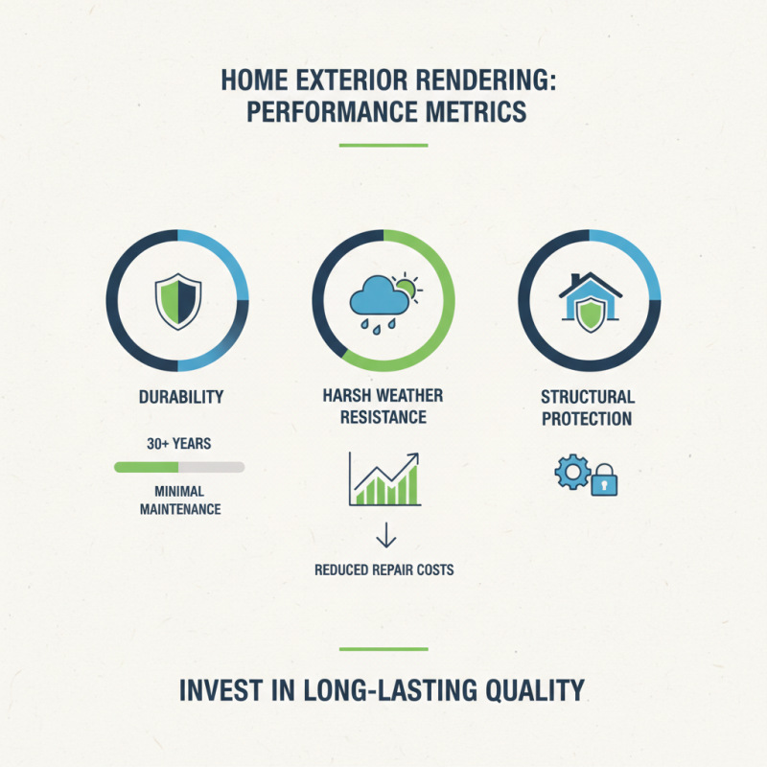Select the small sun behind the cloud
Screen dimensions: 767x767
(x=407, y=285)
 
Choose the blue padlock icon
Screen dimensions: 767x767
(x=603, y=478)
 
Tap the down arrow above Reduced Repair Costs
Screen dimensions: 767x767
(x=383, y=533)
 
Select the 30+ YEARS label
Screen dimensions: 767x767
(x=178, y=445)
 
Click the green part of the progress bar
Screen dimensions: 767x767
(x=146, y=467)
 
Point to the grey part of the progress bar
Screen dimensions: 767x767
(x=211, y=467)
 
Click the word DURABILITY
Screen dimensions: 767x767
(x=177, y=396)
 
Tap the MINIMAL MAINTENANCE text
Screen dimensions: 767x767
(x=178, y=500)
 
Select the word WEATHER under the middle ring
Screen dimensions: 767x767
(x=408, y=396)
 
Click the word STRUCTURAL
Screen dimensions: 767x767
(x=588, y=397)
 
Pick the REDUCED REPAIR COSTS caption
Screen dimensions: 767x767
(x=383, y=569)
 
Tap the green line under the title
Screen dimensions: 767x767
(x=383, y=146)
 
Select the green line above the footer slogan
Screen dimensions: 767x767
(x=383, y=649)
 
